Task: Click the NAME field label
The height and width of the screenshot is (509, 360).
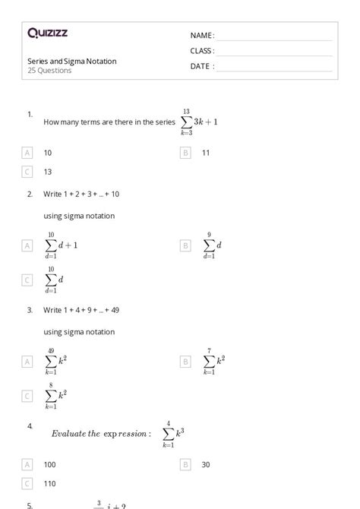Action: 202,36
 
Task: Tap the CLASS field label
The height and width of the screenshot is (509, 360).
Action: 202,51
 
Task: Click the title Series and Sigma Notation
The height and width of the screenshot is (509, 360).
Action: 72,62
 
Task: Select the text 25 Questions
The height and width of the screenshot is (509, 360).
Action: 49,71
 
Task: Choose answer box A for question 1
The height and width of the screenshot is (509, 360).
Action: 28,153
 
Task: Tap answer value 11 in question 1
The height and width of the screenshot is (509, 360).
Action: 206,153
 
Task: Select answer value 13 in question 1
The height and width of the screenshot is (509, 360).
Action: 48,172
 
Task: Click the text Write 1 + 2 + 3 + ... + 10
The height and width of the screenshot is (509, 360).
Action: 81,194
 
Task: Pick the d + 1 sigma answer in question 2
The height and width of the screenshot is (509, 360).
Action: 61,245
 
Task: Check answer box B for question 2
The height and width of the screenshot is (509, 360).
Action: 185,245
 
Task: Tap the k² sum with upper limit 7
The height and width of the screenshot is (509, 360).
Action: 213,362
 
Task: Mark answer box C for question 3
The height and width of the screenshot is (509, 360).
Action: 28,396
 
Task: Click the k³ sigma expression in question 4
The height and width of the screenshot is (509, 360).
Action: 173,434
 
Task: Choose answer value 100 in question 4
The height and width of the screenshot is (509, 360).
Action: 49,464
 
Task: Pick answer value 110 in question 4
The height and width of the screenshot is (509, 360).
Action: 49,483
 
